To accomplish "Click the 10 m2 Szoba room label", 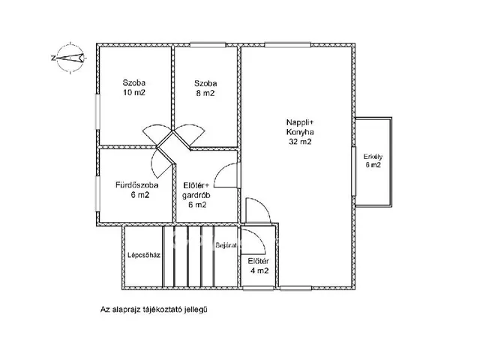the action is (134, 88).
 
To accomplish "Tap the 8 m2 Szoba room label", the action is (205, 88).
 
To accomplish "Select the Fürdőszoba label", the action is (136, 185).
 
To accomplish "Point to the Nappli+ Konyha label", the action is (300, 132).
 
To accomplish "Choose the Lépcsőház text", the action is (144, 255).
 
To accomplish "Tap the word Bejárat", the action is (226, 245).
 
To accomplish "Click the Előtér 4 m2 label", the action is (259, 265).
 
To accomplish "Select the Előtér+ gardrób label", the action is (196, 195).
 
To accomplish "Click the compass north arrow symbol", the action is (70, 58).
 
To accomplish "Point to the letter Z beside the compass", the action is (53, 58).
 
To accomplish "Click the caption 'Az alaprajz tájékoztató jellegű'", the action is (154, 310).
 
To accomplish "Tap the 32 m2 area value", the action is (300, 142).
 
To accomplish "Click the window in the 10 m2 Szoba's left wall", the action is (98, 112).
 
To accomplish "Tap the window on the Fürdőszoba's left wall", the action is (98, 193).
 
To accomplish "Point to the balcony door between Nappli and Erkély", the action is (353, 171).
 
